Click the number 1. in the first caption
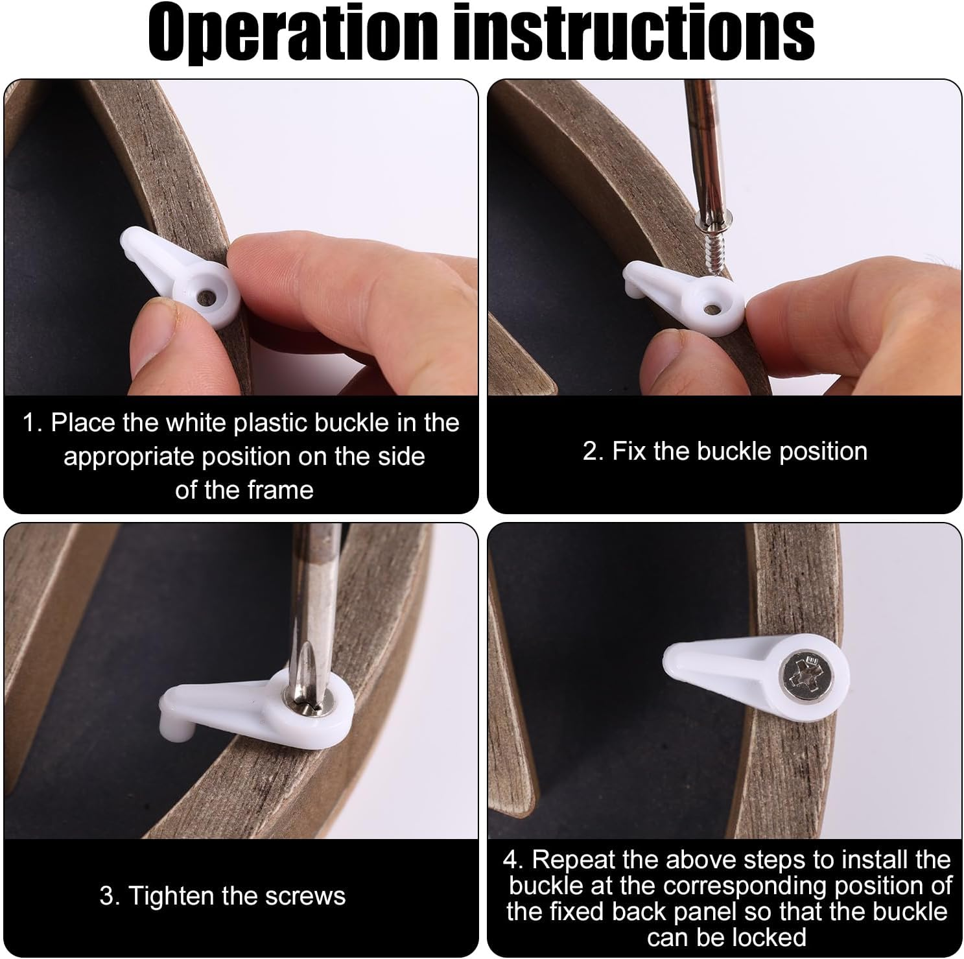pyautogui.click(x=32, y=423)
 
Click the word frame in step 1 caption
pyautogui.click(x=281, y=490)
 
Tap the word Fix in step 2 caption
pyautogui.click(x=628, y=451)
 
